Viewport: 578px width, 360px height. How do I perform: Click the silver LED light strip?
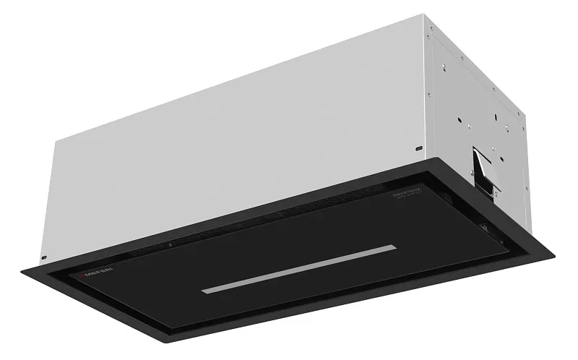click(299, 269)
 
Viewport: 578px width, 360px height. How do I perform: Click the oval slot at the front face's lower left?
click(43, 256)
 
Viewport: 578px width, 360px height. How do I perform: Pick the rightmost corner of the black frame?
click(554, 254)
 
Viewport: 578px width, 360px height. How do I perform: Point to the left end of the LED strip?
click(204, 291)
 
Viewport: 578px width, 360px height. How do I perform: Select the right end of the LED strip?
click(394, 248)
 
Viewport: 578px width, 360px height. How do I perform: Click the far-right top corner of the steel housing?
click(522, 110)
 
